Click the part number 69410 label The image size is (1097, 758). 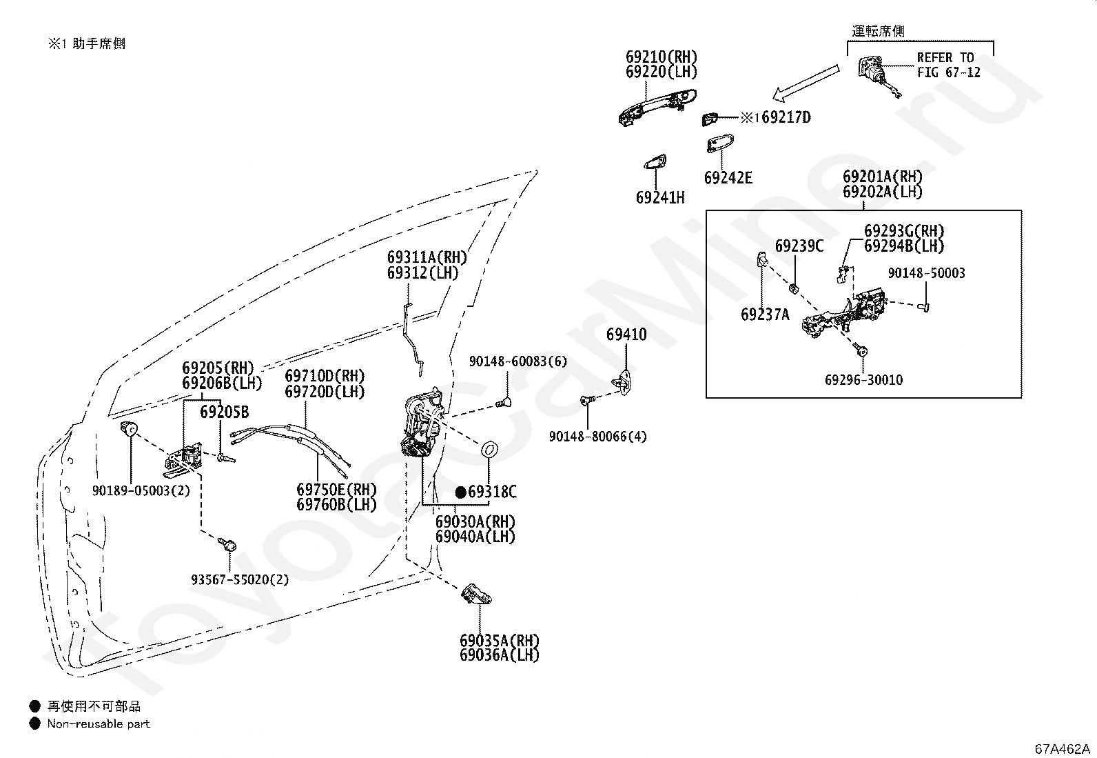(626, 335)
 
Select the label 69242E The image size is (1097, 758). (728, 178)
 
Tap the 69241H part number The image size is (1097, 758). (659, 197)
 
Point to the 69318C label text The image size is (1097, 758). (492, 491)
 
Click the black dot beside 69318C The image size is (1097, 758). (460, 492)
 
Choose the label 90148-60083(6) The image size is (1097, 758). (517, 361)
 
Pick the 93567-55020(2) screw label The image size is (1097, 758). (240, 579)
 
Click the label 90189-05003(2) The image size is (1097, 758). (141, 490)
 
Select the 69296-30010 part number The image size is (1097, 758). (863, 380)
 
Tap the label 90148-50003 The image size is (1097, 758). (927, 273)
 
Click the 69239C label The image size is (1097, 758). (799, 246)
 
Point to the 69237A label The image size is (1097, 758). (765, 315)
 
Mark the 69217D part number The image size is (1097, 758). (786, 117)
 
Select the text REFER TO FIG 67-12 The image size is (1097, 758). (949, 66)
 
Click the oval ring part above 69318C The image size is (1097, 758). (489, 449)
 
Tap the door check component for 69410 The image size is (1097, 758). (622, 383)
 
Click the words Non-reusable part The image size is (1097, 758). (99, 724)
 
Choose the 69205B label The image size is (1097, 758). (225, 412)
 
